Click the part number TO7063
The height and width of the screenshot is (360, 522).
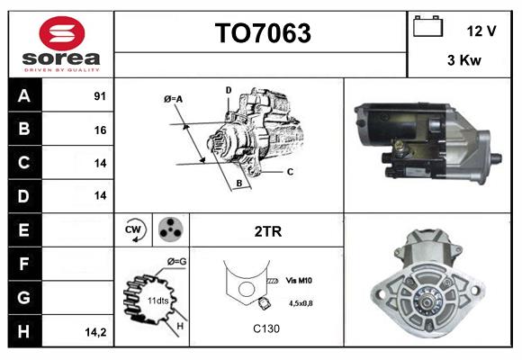(x=262, y=34)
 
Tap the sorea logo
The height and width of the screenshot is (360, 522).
(x=61, y=45)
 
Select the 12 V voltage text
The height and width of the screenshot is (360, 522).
(x=481, y=31)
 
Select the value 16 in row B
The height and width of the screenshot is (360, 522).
(x=100, y=130)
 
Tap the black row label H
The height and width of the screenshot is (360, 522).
(x=23, y=330)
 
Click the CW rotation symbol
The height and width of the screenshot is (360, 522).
(x=132, y=230)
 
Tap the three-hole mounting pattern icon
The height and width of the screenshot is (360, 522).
(x=169, y=230)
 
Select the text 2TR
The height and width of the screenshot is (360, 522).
(x=268, y=231)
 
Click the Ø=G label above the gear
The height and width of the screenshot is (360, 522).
(x=176, y=261)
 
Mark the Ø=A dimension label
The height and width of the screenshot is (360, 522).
(x=174, y=99)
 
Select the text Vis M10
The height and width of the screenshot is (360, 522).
(x=300, y=281)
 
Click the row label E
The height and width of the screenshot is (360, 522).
(x=23, y=230)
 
